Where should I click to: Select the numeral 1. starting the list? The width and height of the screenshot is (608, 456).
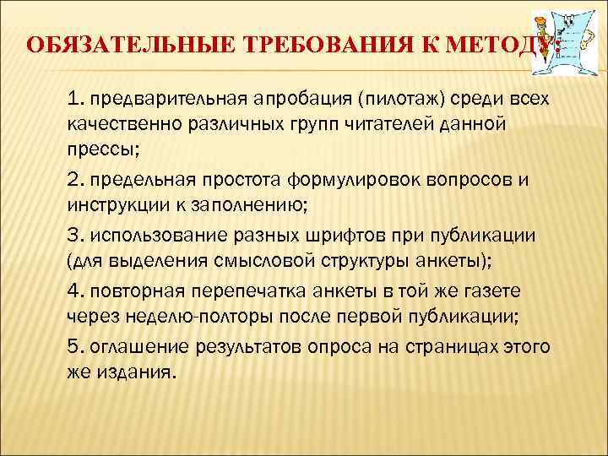tap(73, 100)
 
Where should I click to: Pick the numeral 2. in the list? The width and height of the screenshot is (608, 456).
tap(74, 179)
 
